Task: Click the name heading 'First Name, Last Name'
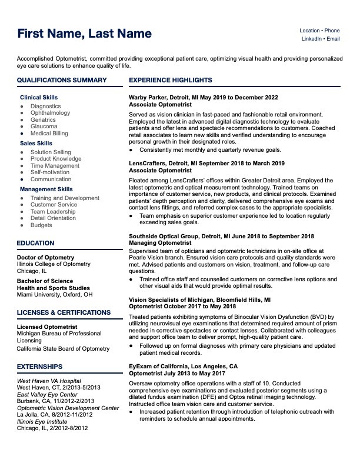[84, 34]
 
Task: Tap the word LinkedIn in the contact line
[312, 39]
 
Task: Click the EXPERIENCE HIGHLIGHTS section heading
[171, 80]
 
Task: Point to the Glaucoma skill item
[44, 127]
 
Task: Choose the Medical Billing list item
[49, 134]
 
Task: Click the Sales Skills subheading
[36, 143]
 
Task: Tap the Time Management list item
[55, 166]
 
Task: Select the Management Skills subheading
[46, 189]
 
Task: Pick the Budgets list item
[41, 225]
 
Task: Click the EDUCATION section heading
[35, 243]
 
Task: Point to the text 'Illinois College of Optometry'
[54, 264]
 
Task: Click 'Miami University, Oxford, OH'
[55, 294]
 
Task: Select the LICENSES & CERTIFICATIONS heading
[64, 312]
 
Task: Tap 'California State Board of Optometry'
[63, 349]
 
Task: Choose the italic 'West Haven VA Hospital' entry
[49, 381]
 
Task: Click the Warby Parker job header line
[203, 97]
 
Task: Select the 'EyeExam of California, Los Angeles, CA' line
[183, 365]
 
